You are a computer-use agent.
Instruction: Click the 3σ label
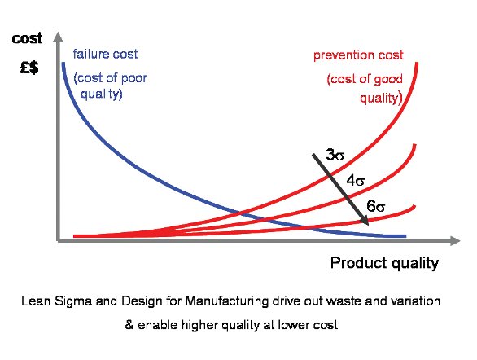[335, 155]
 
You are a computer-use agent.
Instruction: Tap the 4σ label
[356, 181]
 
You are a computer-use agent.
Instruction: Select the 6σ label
[376, 206]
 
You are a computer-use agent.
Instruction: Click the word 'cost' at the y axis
[27, 38]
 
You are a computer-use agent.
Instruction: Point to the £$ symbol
[29, 68]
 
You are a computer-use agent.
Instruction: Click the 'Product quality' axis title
[384, 263]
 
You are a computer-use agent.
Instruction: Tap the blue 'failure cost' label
[105, 55]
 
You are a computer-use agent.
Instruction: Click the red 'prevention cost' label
[358, 55]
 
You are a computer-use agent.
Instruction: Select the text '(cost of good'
[365, 80]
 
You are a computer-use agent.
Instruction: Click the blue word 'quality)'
[102, 94]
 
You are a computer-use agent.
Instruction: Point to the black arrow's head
[365, 221]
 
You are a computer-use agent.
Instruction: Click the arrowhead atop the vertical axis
[58, 37]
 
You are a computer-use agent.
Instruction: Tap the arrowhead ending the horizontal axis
[455, 241]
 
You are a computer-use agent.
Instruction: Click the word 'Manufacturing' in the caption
[227, 301]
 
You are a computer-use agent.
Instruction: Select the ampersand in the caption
[129, 325]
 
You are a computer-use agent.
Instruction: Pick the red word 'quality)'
[381, 99]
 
